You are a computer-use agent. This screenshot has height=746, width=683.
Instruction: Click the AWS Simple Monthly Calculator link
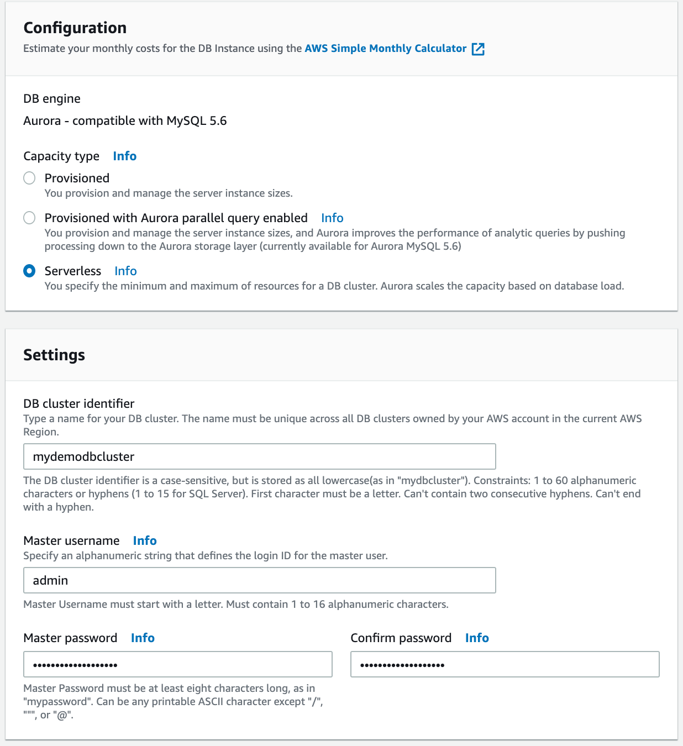pos(385,49)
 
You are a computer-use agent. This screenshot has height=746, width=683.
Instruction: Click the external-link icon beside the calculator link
pos(478,49)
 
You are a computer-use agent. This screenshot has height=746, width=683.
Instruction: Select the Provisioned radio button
pos(29,178)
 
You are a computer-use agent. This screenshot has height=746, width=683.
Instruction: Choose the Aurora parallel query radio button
pos(29,218)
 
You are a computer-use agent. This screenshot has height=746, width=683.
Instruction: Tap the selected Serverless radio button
pos(29,271)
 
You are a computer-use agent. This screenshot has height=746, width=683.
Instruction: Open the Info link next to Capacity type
pos(124,156)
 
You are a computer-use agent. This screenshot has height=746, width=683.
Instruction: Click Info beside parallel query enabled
pos(332,218)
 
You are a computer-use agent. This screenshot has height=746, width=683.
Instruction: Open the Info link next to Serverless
pos(125,271)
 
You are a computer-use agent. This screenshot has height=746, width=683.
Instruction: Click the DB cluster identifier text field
pos(259,456)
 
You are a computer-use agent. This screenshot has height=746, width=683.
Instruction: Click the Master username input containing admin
pos(259,580)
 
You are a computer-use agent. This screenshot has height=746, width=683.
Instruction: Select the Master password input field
pos(177,664)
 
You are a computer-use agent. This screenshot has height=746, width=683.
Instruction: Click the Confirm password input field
pos(505,664)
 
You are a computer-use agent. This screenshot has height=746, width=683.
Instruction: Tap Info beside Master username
pos(145,541)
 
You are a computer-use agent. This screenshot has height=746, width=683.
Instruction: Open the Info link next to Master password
pos(143,638)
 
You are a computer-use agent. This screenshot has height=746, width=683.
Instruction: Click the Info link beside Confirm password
pos(477,638)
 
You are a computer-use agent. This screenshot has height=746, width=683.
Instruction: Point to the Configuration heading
pos(75,28)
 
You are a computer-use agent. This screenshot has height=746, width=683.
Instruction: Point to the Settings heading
pos(54,355)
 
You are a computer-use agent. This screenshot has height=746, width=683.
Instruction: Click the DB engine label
pos(52,99)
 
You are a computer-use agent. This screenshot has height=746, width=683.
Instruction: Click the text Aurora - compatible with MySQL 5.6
pos(125,121)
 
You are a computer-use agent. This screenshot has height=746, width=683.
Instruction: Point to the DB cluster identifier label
pos(79,404)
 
